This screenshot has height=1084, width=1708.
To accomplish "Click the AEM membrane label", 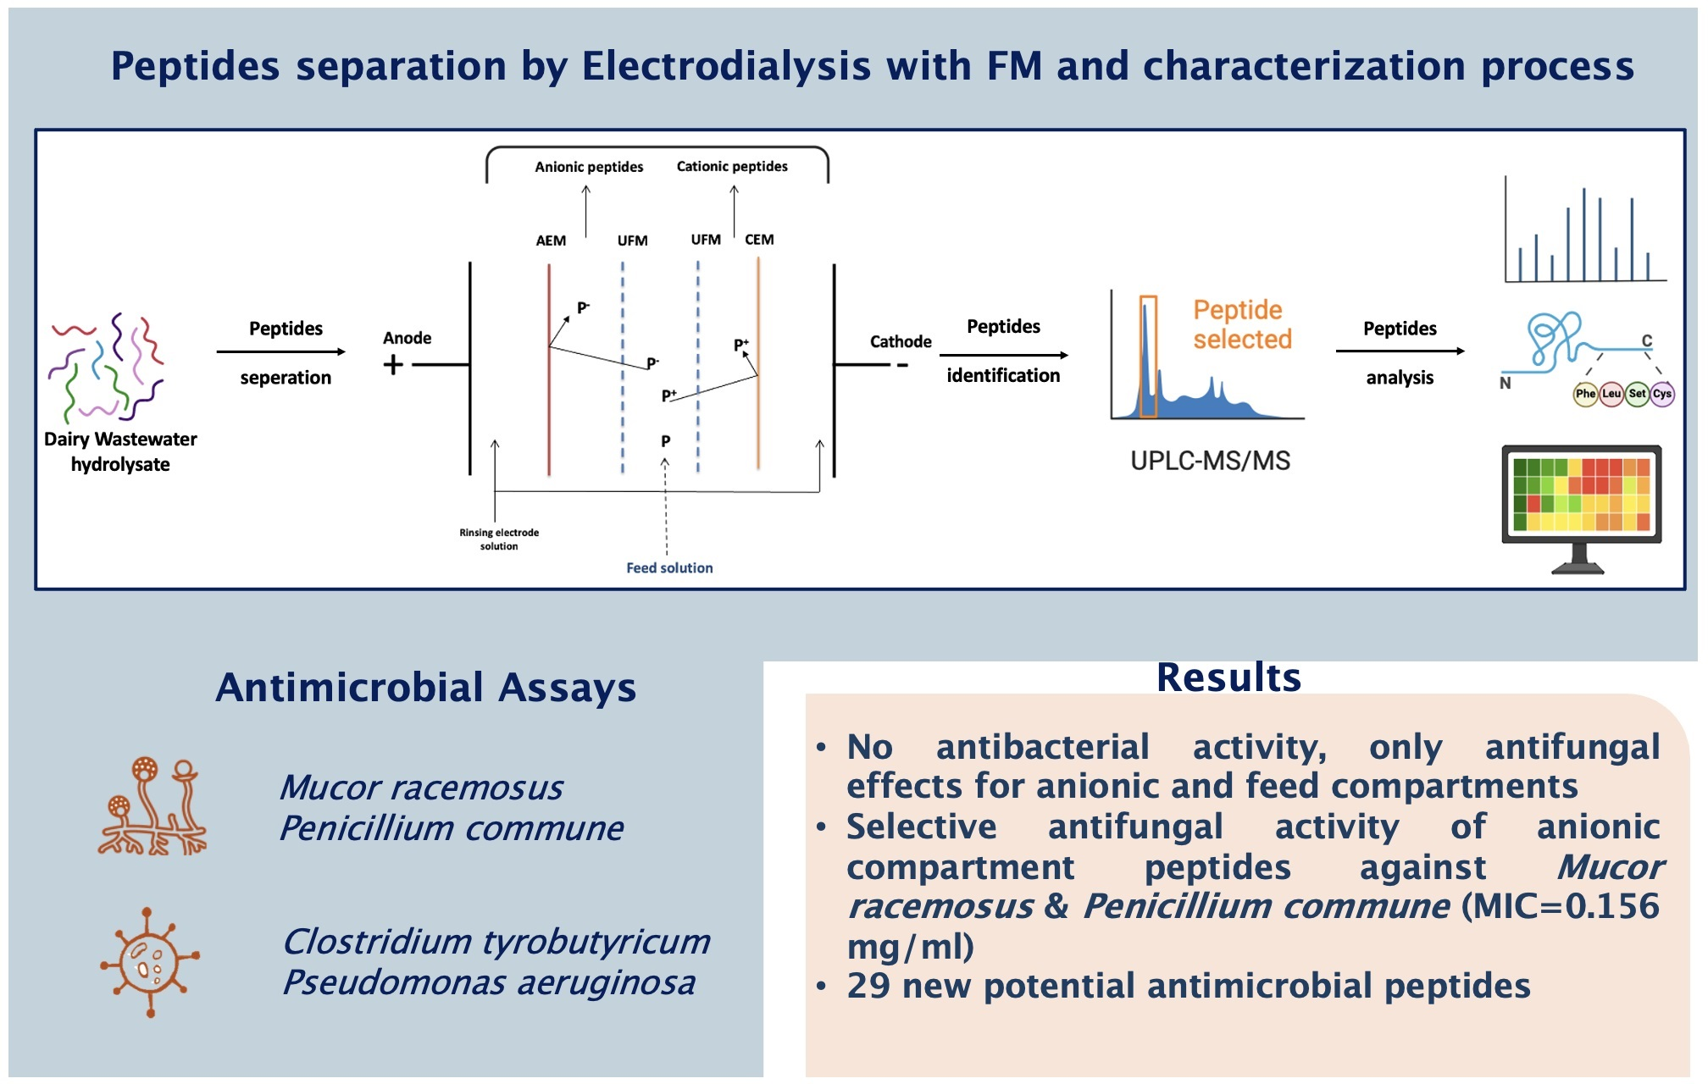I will (551, 241).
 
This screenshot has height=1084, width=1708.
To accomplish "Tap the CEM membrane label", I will (759, 240).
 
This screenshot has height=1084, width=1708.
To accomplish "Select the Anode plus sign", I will (393, 365).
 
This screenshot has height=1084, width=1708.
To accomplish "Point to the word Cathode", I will (900, 341).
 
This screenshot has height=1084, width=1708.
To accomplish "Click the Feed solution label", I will (669, 567).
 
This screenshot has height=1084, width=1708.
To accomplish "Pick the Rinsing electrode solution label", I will (499, 539).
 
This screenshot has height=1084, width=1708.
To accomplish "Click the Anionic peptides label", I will (589, 167).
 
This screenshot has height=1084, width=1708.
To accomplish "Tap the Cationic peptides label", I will (732, 166).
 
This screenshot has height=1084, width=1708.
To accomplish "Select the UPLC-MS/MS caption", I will (1210, 461).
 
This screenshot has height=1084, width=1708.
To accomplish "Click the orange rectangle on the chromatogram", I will (1148, 356).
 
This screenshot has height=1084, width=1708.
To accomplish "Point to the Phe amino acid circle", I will (1585, 394).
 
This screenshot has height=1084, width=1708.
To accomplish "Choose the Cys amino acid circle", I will (1662, 394).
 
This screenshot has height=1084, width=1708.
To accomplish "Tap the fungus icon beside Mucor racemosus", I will (152, 806).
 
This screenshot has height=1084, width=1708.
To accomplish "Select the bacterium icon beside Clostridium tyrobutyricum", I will (150, 961).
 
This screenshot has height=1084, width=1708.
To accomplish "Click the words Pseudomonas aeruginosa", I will (489, 982).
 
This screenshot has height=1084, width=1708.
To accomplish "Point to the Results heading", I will (1228, 677).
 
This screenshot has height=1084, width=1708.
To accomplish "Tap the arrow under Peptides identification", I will (1003, 356).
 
